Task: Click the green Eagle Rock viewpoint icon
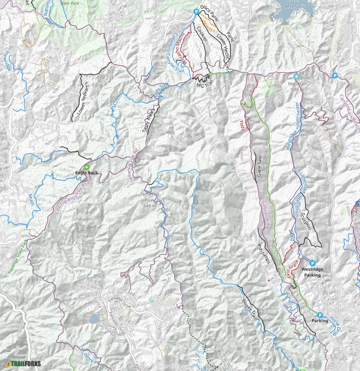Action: (86, 167)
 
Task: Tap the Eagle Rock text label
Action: (86, 173)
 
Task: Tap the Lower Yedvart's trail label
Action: (83, 98)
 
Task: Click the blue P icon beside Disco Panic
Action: (196, 12)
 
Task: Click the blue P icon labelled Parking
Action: (320, 315)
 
